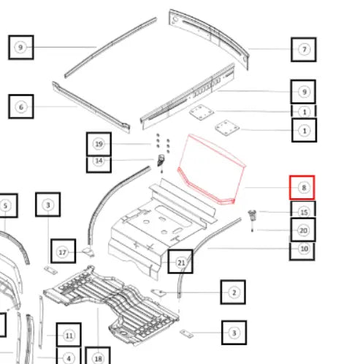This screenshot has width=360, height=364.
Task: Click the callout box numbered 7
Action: pos(304,50)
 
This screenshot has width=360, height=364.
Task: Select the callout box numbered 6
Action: pos(21,107)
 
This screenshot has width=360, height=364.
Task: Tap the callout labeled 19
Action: pos(99,144)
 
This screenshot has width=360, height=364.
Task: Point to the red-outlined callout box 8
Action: pos(302,188)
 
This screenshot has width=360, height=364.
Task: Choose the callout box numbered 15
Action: pos(304,209)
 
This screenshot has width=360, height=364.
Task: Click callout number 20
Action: pos(303,230)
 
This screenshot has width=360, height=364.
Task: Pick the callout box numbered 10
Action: pos(302,251)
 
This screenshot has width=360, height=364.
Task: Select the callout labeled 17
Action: pos(64,251)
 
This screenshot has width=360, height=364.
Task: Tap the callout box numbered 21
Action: pos(180,262)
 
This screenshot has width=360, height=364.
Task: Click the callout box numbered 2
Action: pos(233,292)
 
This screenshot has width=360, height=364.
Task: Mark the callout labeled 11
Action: pos(69,335)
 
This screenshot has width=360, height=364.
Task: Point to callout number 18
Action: pos(98,356)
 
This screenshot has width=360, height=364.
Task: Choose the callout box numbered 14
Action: pos(99,164)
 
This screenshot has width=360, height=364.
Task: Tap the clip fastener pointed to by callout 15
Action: pos(253,216)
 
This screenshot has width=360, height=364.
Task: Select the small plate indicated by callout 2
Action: pos(158,292)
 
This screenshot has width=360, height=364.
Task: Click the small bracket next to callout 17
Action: pos(88,251)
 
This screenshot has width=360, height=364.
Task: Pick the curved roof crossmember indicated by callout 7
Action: pos(209,39)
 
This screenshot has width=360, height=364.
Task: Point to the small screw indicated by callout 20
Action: pos(252,230)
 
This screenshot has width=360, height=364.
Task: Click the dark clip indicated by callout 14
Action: pos(161,160)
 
